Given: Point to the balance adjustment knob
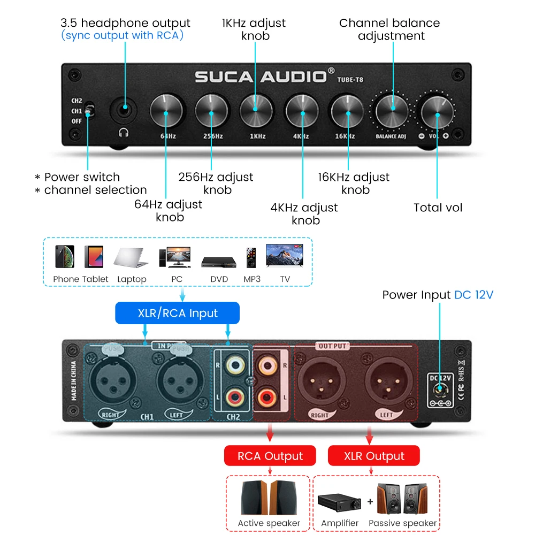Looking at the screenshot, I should (392, 109).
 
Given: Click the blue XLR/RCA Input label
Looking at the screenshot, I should (178, 313).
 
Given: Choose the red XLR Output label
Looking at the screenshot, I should (374, 456).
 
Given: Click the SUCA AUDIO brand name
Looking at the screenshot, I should (261, 77).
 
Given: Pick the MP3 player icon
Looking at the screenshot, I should (251, 257).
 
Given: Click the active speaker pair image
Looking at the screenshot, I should (269, 498).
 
